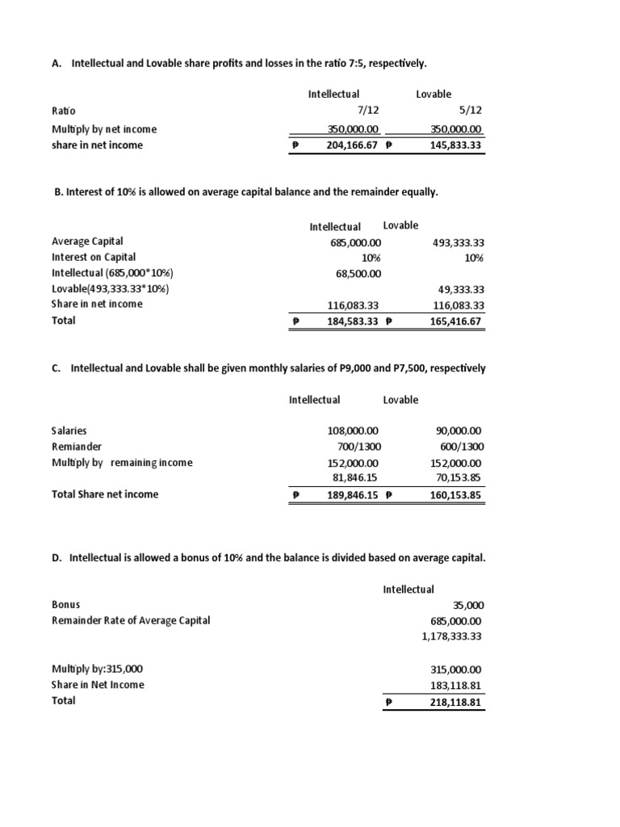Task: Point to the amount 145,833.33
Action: tap(455, 146)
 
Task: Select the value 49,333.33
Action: tap(459, 289)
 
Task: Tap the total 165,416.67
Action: tap(455, 321)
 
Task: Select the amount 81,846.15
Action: tap(355, 478)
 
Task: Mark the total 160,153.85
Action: tap(455, 495)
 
